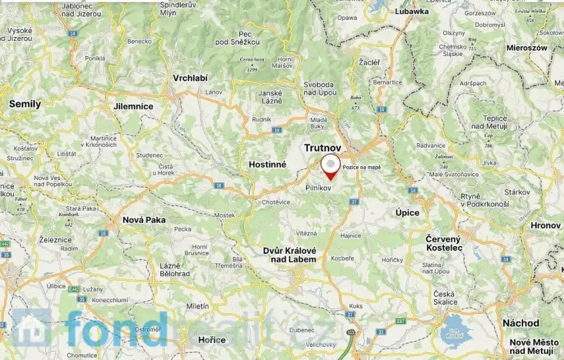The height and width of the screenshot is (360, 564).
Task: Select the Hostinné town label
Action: (268, 164)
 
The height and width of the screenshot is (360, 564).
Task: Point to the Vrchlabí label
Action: (191, 78)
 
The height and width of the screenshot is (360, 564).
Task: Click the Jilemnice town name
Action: (132, 106)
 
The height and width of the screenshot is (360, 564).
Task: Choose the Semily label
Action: (25, 103)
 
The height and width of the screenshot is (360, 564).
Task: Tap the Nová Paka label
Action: (144, 220)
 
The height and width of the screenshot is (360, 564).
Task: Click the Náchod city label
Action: (521, 323)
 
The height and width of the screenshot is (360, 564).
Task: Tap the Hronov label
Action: (546, 225)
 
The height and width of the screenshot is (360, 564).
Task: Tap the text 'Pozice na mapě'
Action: (362, 167)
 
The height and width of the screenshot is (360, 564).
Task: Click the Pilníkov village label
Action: (319, 187)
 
